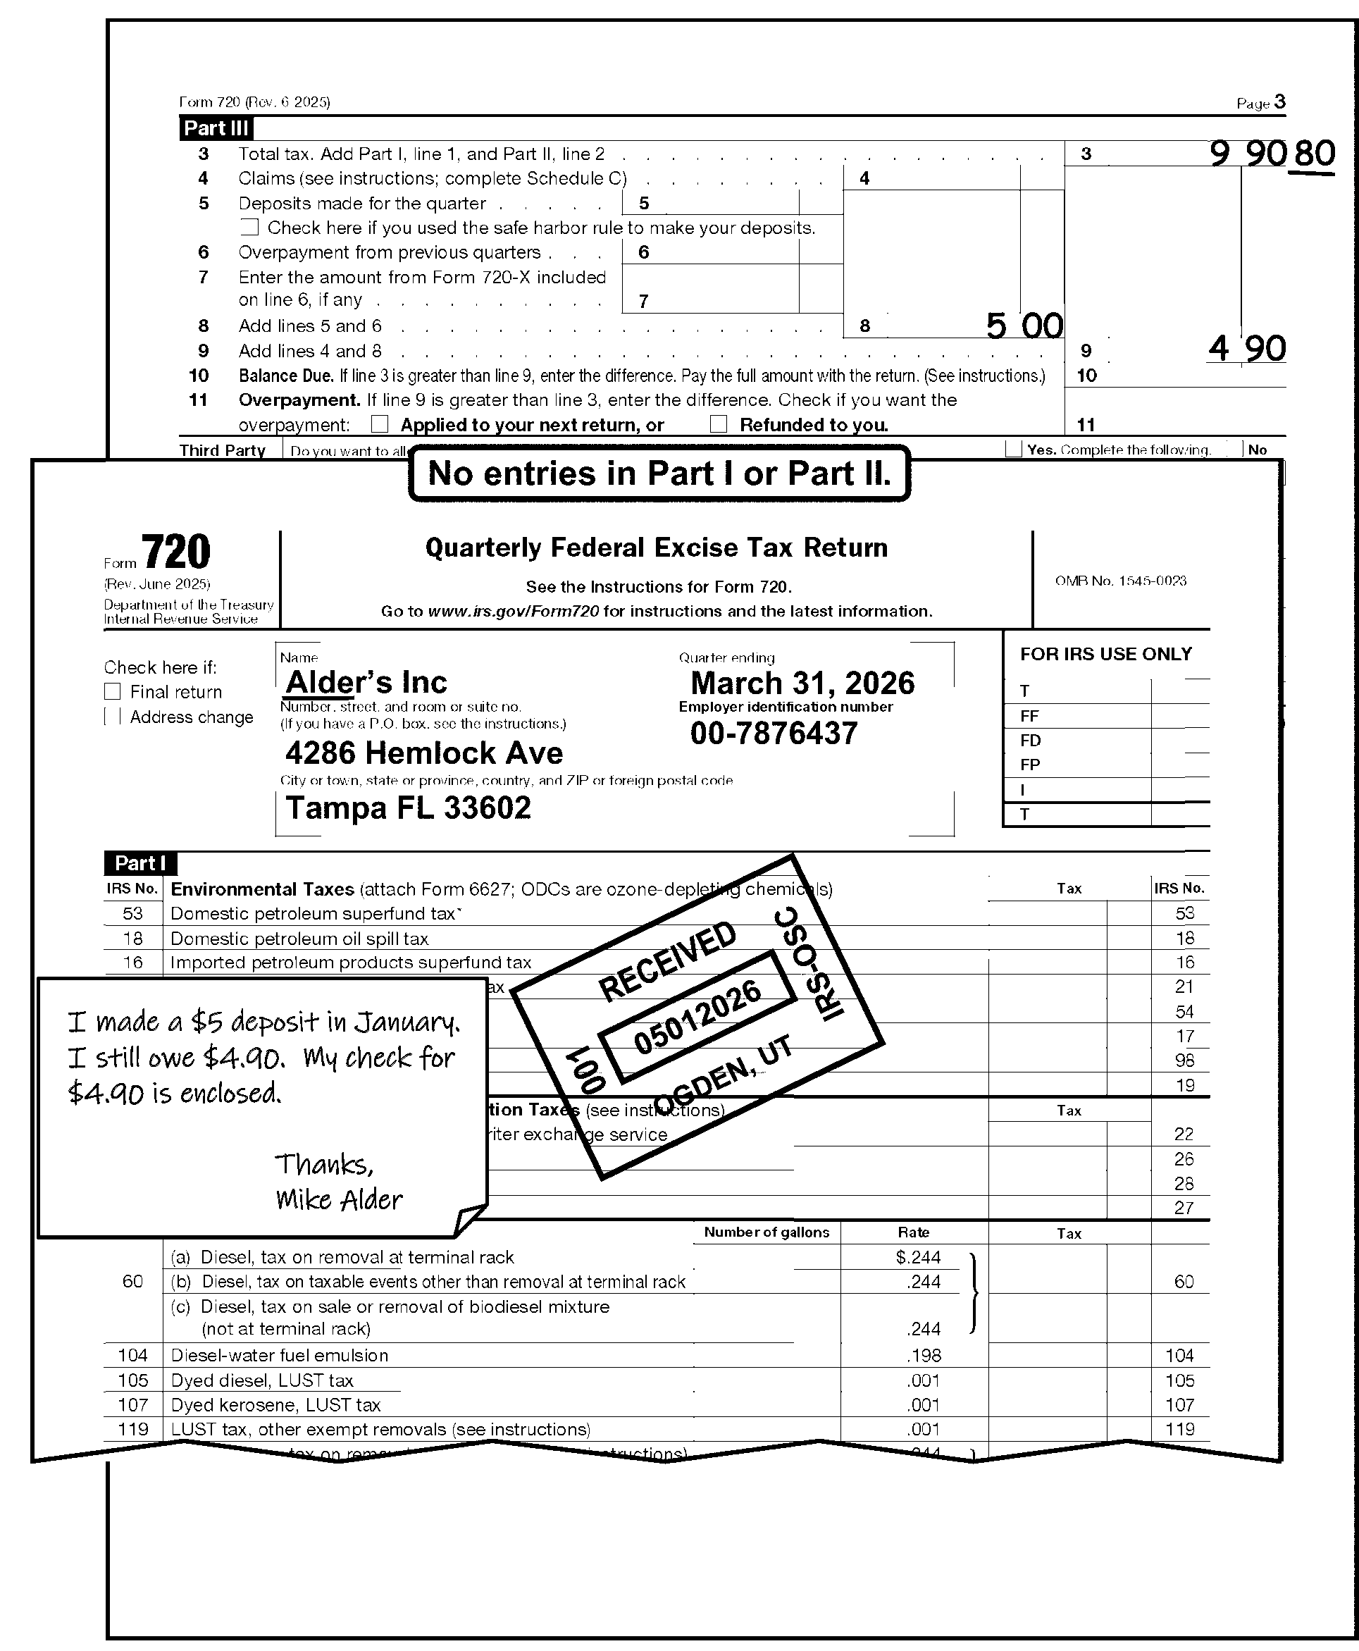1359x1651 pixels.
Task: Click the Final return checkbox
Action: [x=113, y=692]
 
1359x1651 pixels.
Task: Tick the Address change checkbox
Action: [x=113, y=717]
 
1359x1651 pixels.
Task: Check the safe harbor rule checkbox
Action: [x=249, y=228]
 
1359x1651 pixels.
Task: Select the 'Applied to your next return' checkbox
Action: [x=380, y=424]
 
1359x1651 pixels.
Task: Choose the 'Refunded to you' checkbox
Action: [x=719, y=424]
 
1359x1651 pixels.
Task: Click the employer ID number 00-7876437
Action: [x=774, y=734]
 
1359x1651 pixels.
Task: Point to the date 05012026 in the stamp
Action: [x=697, y=1017]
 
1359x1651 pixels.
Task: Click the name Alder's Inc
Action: [x=366, y=683]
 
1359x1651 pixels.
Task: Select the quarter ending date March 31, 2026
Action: [x=802, y=684]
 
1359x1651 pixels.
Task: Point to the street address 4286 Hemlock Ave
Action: [x=423, y=753]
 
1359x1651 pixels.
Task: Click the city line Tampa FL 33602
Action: [x=408, y=808]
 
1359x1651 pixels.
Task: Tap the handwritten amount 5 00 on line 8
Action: [x=1024, y=326]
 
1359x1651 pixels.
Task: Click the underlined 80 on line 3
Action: [x=1315, y=154]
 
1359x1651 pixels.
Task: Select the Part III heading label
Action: [x=216, y=128]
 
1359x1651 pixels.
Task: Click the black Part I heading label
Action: [x=140, y=863]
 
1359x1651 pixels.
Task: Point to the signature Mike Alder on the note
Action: [x=338, y=1199]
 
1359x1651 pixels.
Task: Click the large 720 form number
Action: [x=175, y=552]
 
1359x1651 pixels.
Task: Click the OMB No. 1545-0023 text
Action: [x=1120, y=581]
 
